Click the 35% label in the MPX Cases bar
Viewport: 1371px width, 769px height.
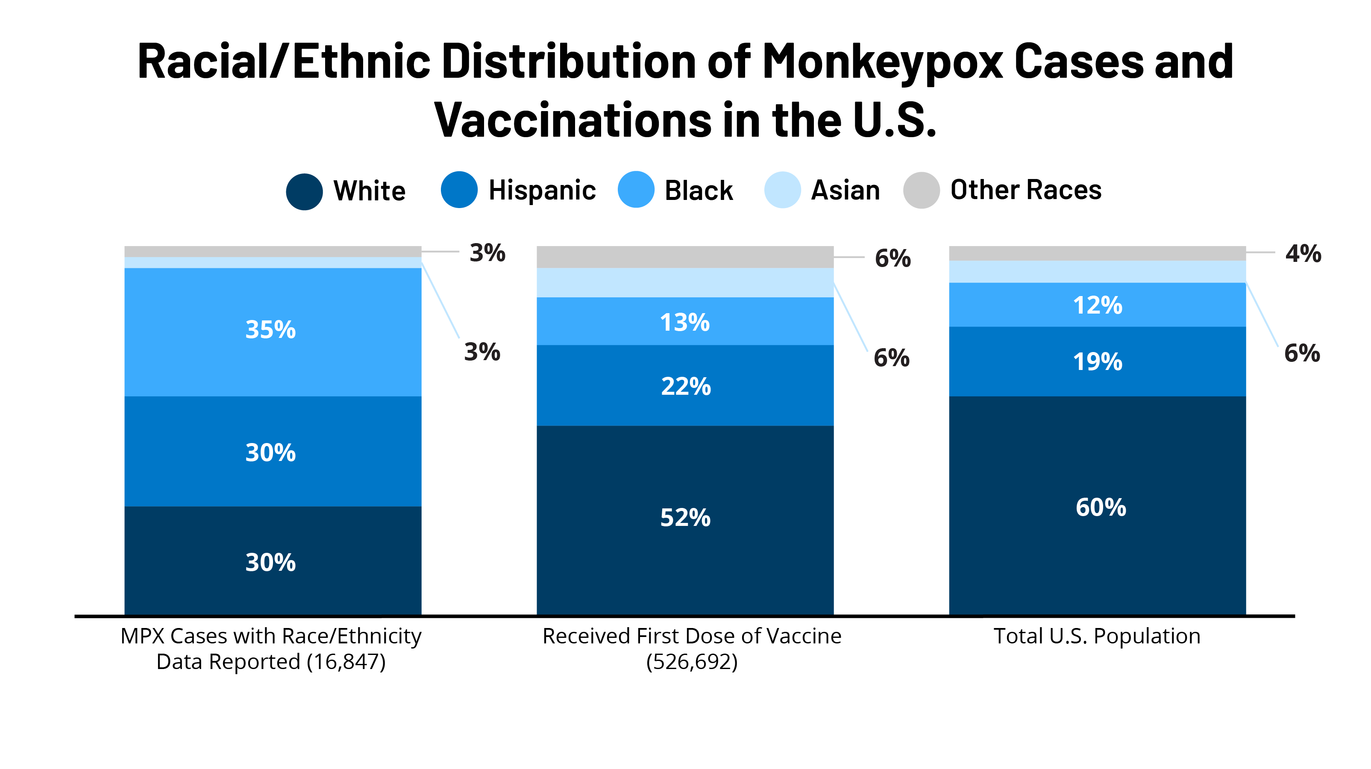click(270, 330)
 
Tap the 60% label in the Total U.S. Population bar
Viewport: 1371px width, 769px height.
click(1101, 507)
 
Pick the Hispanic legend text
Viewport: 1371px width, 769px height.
click(542, 191)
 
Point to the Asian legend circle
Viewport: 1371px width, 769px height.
click(782, 190)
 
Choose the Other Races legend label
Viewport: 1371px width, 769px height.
click(1026, 190)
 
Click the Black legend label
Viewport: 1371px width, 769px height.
click(699, 191)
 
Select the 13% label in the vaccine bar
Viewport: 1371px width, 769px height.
click(684, 323)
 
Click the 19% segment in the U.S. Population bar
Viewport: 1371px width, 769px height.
click(1098, 362)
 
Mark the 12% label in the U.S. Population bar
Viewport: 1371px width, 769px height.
click(1098, 305)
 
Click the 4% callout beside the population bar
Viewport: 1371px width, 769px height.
click(1303, 254)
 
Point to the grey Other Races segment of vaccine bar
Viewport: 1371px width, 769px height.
click(685, 257)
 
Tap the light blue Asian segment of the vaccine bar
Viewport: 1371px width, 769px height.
click(685, 282)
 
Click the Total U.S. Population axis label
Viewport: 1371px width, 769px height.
click(1097, 637)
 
